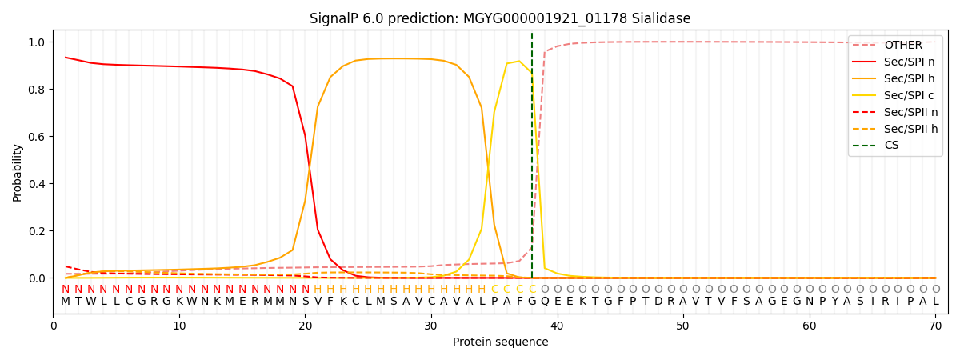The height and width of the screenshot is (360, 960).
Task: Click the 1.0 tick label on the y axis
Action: point(38,42)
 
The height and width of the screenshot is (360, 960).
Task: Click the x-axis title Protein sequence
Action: point(501,342)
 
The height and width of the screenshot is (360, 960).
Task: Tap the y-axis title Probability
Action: point(18,172)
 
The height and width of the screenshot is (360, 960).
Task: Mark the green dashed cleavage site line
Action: point(532,160)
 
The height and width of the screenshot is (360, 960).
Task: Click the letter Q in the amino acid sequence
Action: point(545,302)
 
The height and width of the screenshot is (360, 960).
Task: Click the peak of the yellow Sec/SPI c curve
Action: point(519,61)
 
